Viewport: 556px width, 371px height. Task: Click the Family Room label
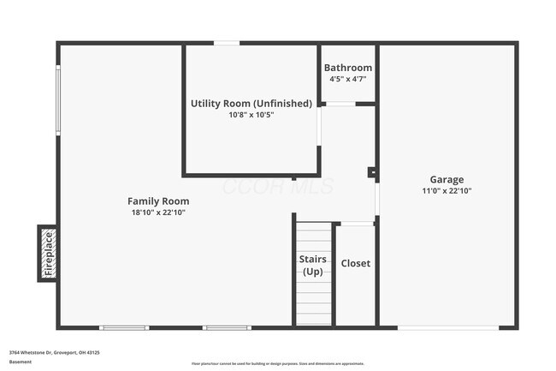coord(158,200)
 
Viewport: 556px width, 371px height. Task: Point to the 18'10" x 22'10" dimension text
coord(158,212)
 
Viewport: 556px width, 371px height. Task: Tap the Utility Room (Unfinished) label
coord(251,104)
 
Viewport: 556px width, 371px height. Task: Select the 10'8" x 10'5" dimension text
coord(251,115)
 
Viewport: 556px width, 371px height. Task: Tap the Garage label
coord(447,179)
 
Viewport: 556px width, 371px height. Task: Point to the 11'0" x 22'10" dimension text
coord(447,190)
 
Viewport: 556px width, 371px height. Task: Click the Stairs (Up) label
coord(312,265)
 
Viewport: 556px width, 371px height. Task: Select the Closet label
coord(356,263)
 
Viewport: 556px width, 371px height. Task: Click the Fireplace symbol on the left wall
coord(48,253)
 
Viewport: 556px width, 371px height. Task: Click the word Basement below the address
coord(21,362)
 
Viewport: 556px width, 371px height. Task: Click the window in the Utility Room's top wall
coord(227,43)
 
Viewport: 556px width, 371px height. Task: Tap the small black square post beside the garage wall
coord(372,173)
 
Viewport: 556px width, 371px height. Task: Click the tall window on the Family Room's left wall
coord(58,99)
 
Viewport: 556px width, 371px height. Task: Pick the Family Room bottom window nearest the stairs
coord(227,327)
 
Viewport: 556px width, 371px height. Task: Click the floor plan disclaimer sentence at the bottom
coord(277,363)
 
